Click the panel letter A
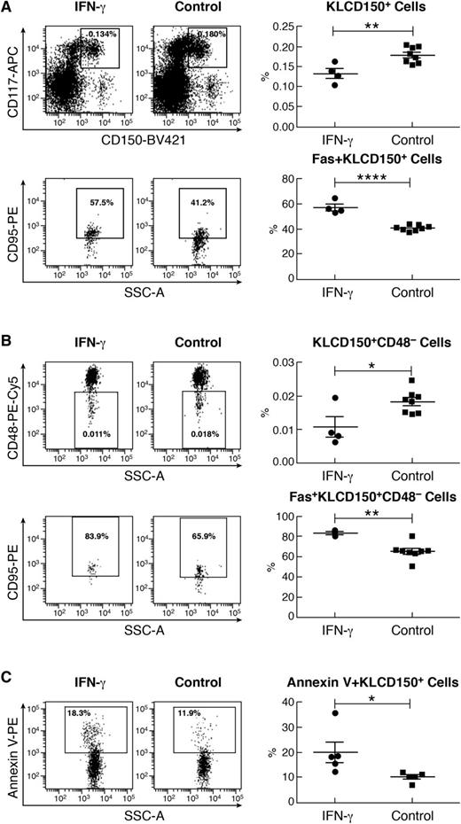pyautogui.click(x=7, y=8)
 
